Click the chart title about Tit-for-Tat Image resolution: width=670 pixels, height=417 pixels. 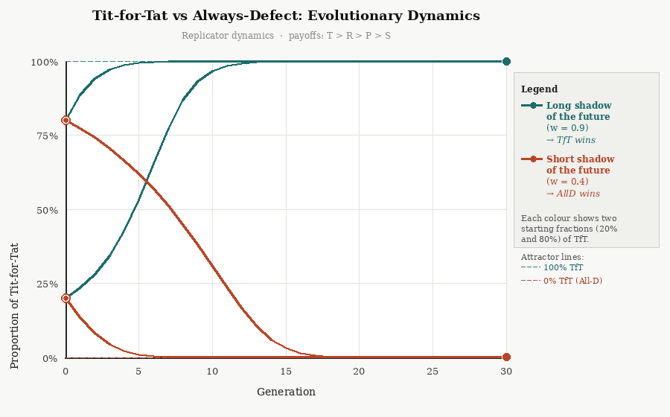[286, 16]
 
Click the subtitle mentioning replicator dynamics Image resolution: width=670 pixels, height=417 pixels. [286, 36]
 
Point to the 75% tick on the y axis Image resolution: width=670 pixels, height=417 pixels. [45, 136]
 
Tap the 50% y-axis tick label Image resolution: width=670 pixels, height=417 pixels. [45, 210]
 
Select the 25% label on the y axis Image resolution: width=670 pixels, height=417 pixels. [45, 284]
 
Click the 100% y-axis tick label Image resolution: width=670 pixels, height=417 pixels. [43, 63]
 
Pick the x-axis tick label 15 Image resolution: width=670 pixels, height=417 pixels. [286, 372]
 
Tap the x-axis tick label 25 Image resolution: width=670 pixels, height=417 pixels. [433, 372]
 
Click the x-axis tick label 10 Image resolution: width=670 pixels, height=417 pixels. [212, 372]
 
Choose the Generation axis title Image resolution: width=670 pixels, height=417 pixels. [286, 392]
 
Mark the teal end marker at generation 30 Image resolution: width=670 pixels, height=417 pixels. [506, 62]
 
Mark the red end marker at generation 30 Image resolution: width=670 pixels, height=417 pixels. [506, 357]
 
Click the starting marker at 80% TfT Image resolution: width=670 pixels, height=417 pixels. [66, 121]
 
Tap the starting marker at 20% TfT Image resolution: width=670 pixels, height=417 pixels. [66, 299]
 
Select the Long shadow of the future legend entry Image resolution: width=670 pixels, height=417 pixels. [578, 111]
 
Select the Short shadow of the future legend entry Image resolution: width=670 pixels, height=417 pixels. [580, 165]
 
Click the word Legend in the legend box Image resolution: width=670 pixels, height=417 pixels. [539, 89]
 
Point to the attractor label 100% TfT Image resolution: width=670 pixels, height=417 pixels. [563, 267]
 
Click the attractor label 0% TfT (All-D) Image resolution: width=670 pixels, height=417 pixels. [572, 281]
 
